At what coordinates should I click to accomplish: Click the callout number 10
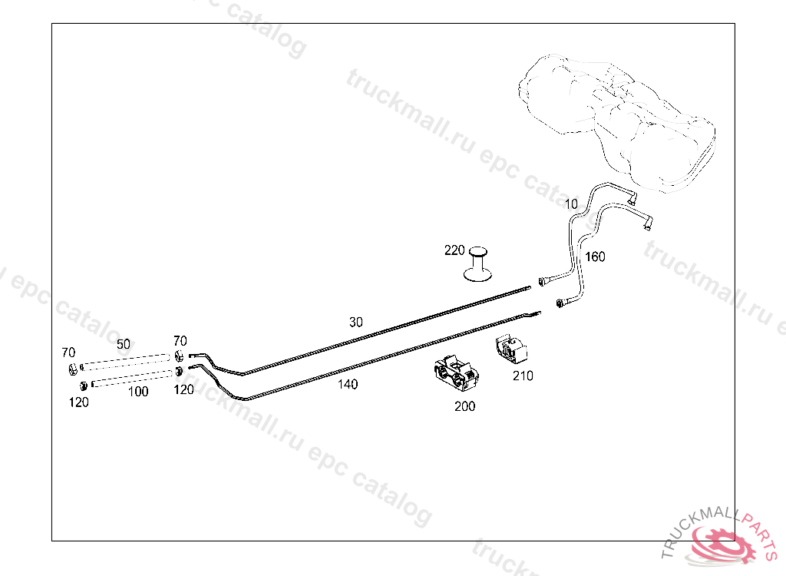tap(570, 204)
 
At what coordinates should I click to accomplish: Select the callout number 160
tap(595, 257)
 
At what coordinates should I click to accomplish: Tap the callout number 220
tap(454, 250)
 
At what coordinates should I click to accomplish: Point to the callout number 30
tap(355, 323)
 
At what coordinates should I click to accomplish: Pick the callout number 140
tap(348, 384)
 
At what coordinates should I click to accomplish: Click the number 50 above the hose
tap(124, 344)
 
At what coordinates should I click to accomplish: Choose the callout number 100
tap(138, 392)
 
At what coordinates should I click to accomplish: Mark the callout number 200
tap(464, 406)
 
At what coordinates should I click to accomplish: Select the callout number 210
tap(523, 376)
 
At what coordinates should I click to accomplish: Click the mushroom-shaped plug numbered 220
tap(479, 265)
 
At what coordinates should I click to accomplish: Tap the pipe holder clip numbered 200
tap(454, 376)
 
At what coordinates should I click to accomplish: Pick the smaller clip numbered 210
tap(510, 350)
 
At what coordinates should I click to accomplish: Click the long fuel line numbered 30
tap(384, 330)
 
